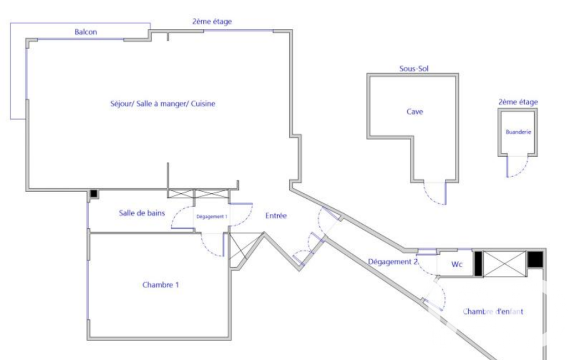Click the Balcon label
coord(86,32)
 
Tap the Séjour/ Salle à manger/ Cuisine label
coord(162,104)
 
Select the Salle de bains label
coord(141,213)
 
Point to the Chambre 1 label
coord(161,285)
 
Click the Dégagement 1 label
coord(211,217)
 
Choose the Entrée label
coord(275,216)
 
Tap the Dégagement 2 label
coord(392,262)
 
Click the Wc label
coord(457,265)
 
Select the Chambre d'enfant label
coord(493,312)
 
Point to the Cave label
coord(415,112)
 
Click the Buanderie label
coord(518,132)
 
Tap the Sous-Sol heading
coord(414,69)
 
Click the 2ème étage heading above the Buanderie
coord(518,102)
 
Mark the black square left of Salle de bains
coord(94,194)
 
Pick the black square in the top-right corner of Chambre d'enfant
coord(535,259)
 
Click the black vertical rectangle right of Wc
coord(477,264)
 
